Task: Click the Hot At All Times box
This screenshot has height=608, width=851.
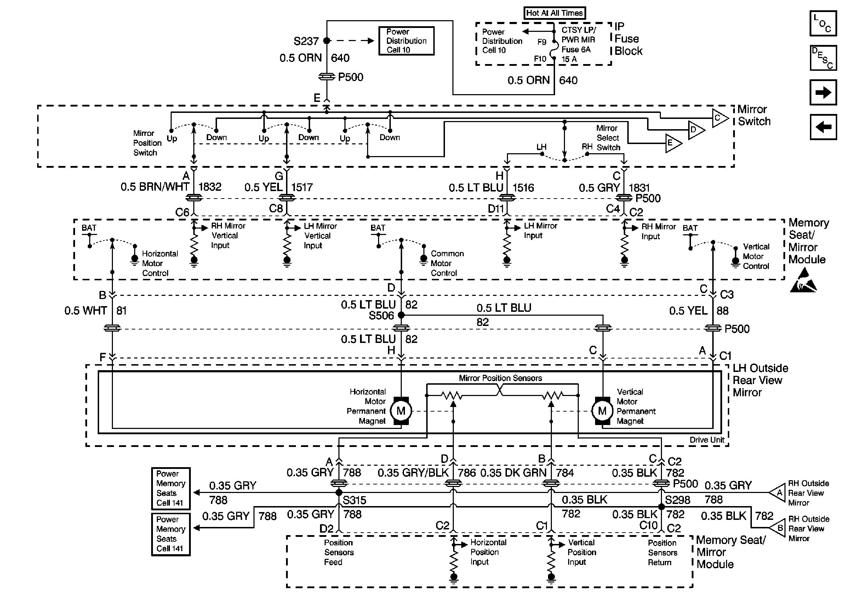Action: coord(554,13)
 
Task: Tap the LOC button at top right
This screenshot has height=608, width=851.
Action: coord(823,23)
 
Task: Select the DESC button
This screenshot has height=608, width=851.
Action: coord(823,58)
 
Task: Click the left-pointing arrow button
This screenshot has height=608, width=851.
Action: coord(823,127)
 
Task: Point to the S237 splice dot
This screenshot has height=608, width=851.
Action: coord(326,40)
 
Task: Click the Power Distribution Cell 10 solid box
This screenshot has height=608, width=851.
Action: coord(406,41)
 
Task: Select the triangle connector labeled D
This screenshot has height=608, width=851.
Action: coord(695,130)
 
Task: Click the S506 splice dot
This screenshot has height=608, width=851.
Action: coord(401,315)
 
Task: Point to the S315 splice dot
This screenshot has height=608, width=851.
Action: coord(339,492)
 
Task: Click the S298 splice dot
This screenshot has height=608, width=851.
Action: coord(662,506)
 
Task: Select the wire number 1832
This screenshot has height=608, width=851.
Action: coord(210,187)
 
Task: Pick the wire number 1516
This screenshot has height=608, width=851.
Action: coord(523,188)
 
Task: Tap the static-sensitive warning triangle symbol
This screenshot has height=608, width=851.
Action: coord(804,281)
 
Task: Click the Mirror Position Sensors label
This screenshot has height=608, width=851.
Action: coord(500,378)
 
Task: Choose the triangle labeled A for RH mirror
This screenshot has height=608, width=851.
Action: coord(778,493)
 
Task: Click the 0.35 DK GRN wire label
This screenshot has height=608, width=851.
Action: coord(513,473)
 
